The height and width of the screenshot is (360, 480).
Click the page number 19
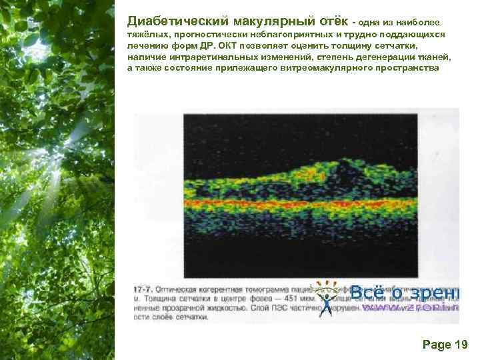(461, 344)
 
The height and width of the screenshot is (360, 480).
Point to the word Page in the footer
(436, 344)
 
